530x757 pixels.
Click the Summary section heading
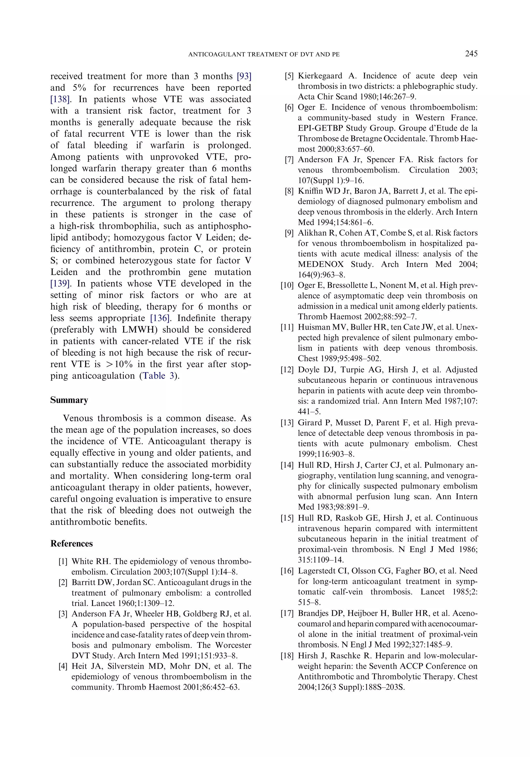[x=69, y=400]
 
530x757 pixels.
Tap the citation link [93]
[x=244, y=76]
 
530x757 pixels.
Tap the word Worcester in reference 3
[x=233, y=645]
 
